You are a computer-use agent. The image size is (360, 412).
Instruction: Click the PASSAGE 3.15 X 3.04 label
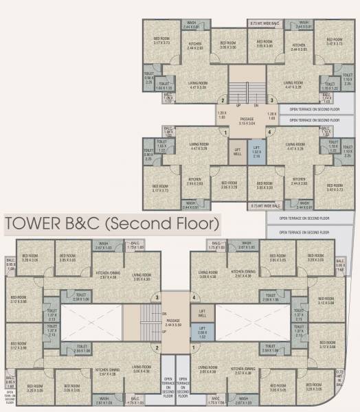[x=247, y=122]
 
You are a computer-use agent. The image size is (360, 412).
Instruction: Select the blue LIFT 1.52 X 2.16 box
[x=256, y=152]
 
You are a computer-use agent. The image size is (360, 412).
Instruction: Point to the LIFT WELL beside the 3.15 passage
[x=238, y=152]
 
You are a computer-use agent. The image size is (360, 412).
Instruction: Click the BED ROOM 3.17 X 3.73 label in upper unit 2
[x=162, y=40]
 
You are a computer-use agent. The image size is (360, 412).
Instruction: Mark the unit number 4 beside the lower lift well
[x=194, y=297]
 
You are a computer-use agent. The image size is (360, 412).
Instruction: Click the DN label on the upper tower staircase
[x=256, y=105]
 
